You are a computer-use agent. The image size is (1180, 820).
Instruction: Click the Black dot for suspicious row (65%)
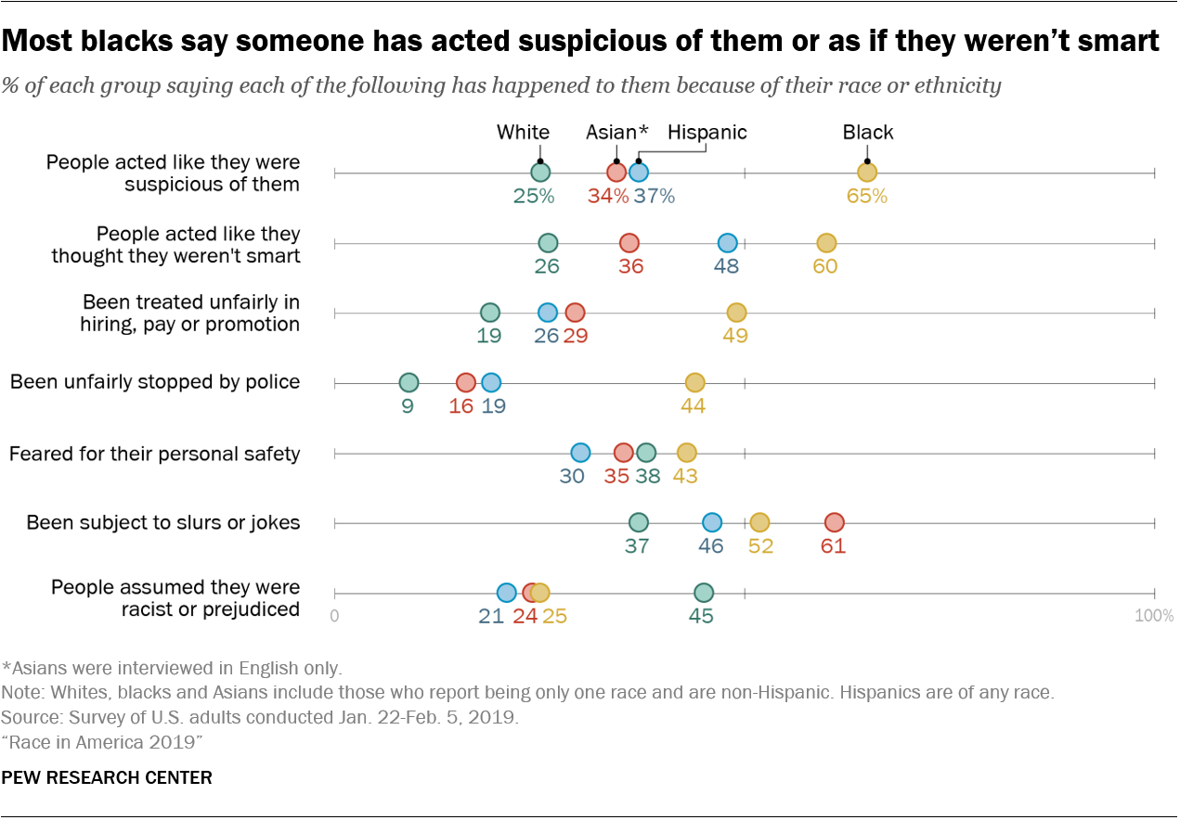866,173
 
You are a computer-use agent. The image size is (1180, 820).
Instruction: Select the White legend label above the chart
523,133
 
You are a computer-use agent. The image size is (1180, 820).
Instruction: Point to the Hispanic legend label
707,133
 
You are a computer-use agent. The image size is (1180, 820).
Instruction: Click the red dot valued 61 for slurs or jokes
834,523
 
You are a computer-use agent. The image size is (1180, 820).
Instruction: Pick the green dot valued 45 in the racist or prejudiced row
703,593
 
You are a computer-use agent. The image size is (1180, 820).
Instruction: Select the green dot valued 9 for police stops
408,383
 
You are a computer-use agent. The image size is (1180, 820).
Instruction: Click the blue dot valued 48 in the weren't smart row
727,243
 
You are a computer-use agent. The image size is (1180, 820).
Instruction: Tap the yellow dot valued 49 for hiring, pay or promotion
735,313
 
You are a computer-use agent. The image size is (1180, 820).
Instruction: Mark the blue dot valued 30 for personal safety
580,453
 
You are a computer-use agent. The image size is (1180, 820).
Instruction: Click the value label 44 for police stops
693,405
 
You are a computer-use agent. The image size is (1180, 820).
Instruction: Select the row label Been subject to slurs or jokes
163,523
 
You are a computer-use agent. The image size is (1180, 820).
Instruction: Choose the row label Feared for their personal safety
155,454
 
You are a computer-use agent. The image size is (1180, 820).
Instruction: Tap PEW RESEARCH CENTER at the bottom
108,777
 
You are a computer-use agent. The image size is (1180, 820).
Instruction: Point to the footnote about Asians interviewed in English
173,668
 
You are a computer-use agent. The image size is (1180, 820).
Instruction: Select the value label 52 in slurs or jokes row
759,545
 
